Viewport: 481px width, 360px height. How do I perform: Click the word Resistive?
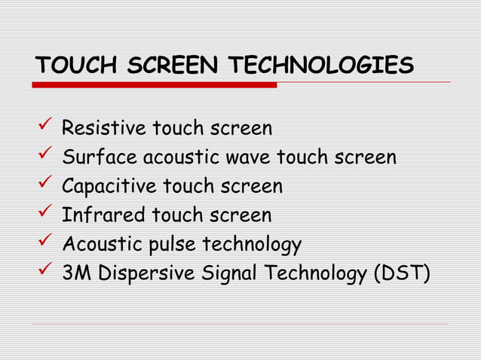103,129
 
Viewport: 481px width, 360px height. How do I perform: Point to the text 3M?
75,273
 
